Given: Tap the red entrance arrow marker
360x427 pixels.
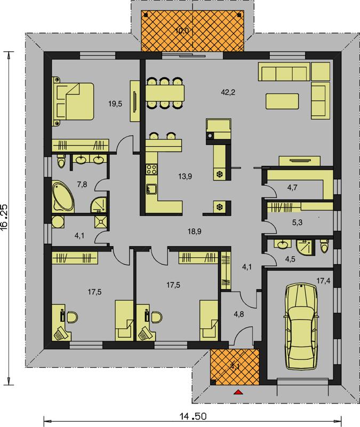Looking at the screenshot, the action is click(x=238, y=392).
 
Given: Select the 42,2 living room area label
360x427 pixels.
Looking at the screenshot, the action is click(x=228, y=92).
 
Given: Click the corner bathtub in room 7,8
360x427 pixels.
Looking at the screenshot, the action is click(x=63, y=196).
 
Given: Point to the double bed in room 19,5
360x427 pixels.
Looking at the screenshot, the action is click(x=73, y=101).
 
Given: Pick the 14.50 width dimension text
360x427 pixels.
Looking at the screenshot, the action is click(x=193, y=417).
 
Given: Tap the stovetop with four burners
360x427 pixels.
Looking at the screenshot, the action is click(x=151, y=169).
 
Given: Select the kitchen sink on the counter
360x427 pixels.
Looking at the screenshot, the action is click(x=151, y=188).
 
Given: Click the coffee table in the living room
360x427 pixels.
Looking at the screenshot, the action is click(x=282, y=101).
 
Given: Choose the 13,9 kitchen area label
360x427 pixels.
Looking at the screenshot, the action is click(x=185, y=177).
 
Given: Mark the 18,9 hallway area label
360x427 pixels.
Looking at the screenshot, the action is click(x=194, y=232).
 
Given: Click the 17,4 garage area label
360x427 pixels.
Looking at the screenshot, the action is click(x=324, y=281).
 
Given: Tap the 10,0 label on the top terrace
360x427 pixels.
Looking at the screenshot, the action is click(x=182, y=30).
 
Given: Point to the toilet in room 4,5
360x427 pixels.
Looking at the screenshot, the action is click(x=324, y=247).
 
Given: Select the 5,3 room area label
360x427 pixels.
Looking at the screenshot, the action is click(x=297, y=223).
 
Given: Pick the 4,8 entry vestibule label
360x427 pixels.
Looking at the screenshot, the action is click(x=238, y=314).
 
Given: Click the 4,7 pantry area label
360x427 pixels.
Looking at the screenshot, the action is click(x=292, y=187).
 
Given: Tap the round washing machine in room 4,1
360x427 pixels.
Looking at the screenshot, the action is click(x=58, y=222).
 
